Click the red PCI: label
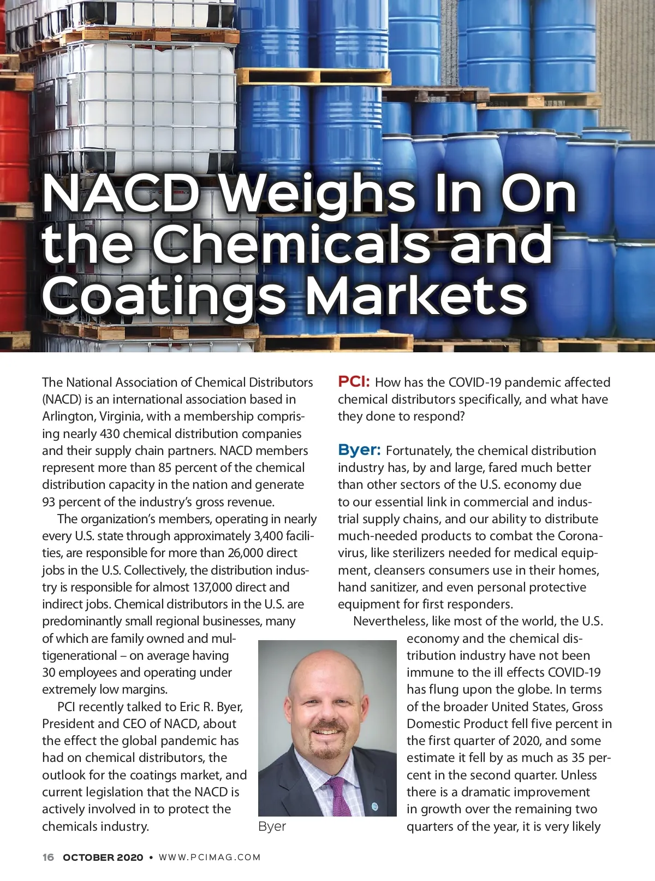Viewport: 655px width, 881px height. click(x=354, y=381)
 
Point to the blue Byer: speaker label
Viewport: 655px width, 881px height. click(x=359, y=450)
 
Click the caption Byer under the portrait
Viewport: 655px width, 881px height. click(x=272, y=826)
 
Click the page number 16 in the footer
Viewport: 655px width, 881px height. click(x=48, y=858)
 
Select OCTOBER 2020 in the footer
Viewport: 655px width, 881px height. click(x=103, y=858)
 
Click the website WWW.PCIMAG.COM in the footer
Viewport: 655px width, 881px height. click(x=210, y=858)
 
